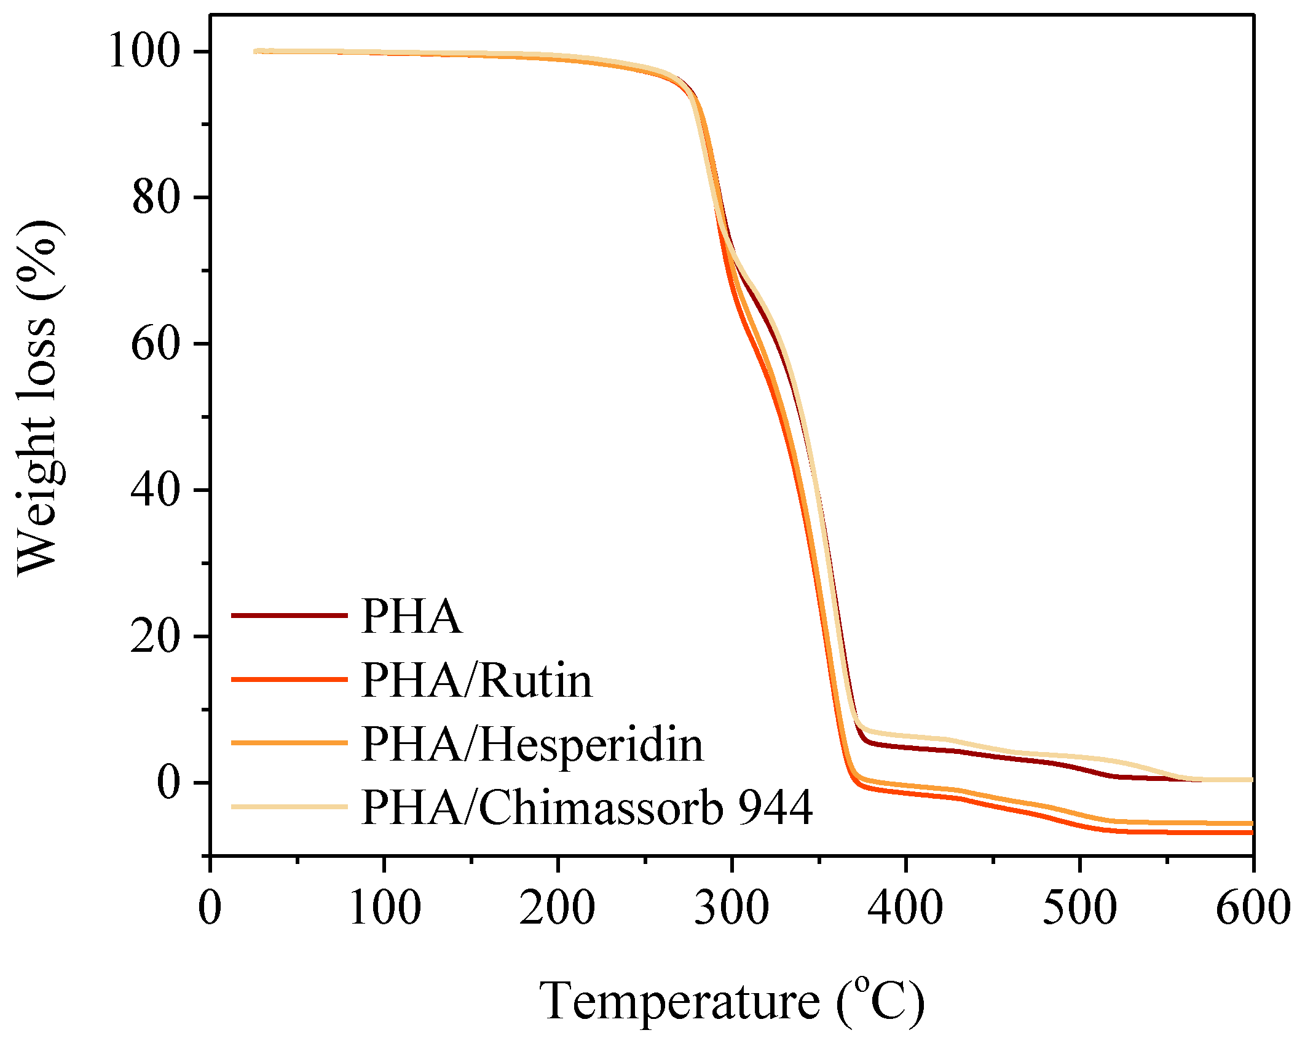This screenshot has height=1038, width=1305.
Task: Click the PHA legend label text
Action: click(x=411, y=616)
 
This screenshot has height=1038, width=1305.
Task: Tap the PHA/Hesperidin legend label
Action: click(x=532, y=744)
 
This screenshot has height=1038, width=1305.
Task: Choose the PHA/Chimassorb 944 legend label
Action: click(x=587, y=807)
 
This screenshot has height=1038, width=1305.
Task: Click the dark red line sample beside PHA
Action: click(x=289, y=615)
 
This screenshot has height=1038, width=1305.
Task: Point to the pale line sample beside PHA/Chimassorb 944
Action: click(x=289, y=806)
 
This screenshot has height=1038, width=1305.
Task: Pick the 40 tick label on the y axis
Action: click(x=156, y=490)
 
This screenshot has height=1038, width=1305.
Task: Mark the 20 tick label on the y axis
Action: click(x=156, y=636)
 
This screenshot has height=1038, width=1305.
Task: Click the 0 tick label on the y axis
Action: click(x=168, y=782)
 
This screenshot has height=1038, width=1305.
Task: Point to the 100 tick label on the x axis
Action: click(x=385, y=908)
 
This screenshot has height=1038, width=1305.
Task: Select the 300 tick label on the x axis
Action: click(x=731, y=908)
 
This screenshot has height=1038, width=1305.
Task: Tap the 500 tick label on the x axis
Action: click(x=1079, y=908)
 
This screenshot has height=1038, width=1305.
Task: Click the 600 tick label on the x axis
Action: click(x=1253, y=908)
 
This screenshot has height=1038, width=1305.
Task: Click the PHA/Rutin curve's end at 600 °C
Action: click(x=1250, y=832)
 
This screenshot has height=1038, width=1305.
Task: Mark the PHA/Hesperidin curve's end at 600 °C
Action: click(x=1250, y=823)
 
